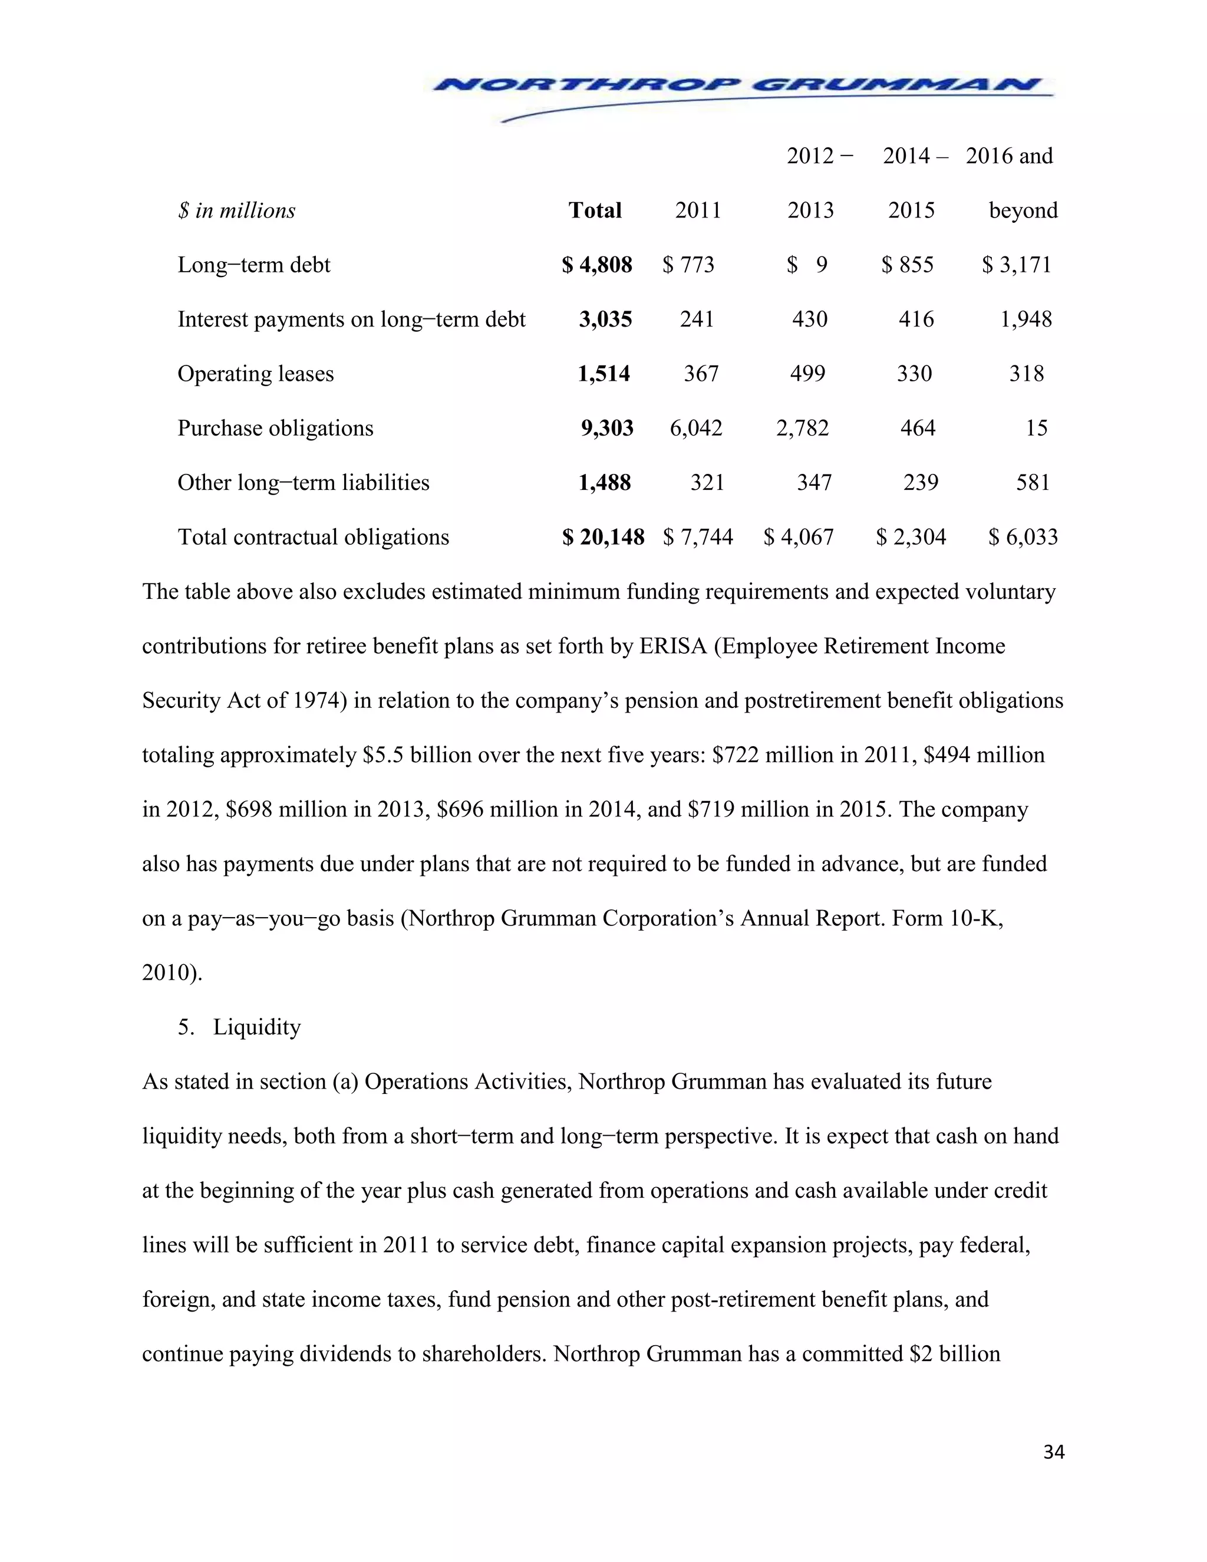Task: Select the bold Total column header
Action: (x=595, y=210)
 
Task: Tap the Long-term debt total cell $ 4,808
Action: (x=597, y=265)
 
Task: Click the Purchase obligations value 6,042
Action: (x=696, y=429)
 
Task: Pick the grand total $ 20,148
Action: (x=603, y=537)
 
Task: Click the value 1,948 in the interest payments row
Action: (x=1026, y=319)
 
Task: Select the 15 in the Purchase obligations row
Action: (x=1036, y=429)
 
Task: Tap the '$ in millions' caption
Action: (x=237, y=211)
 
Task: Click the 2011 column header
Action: (x=698, y=210)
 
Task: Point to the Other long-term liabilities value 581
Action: (x=1033, y=483)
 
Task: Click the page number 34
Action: (x=1053, y=1452)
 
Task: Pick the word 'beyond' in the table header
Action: (x=1023, y=211)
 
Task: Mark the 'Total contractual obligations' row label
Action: (x=313, y=537)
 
